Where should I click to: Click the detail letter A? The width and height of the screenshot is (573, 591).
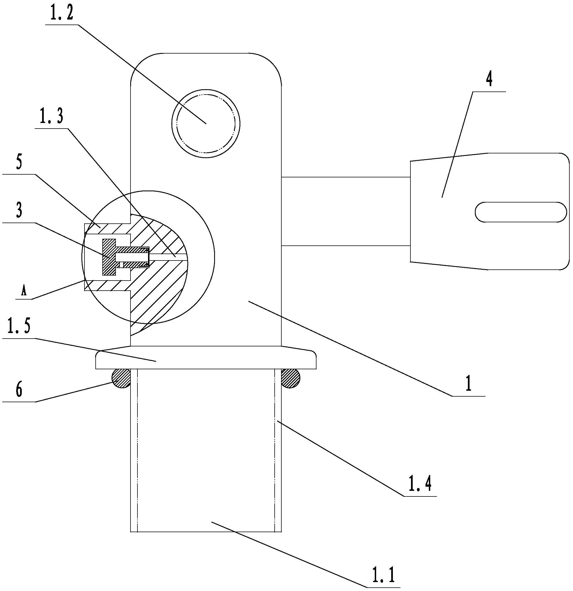pyautogui.click(x=24, y=291)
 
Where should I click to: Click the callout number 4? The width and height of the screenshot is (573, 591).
pyautogui.click(x=489, y=79)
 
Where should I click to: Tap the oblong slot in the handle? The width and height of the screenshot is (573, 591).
pyautogui.click(x=521, y=212)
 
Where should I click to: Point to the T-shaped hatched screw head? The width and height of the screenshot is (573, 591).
pyautogui.click(x=109, y=257)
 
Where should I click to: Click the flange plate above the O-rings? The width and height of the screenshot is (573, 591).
pyautogui.click(x=206, y=358)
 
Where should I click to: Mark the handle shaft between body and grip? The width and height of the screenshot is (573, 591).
pyautogui.click(x=345, y=211)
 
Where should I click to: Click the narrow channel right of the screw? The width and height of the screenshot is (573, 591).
pyautogui.click(x=167, y=257)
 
